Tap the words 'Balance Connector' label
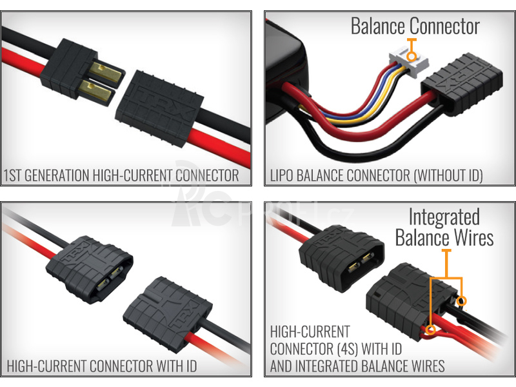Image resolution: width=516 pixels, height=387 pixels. (415, 26)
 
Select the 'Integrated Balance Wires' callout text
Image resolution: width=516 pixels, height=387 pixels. (444, 227)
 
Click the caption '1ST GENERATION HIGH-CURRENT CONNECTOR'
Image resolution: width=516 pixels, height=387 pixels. (121, 175)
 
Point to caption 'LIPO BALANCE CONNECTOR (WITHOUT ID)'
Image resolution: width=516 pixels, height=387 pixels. (377, 175)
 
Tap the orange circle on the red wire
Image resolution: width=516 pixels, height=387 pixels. (432, 332)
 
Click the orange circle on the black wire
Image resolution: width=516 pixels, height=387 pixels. (461, 301)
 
